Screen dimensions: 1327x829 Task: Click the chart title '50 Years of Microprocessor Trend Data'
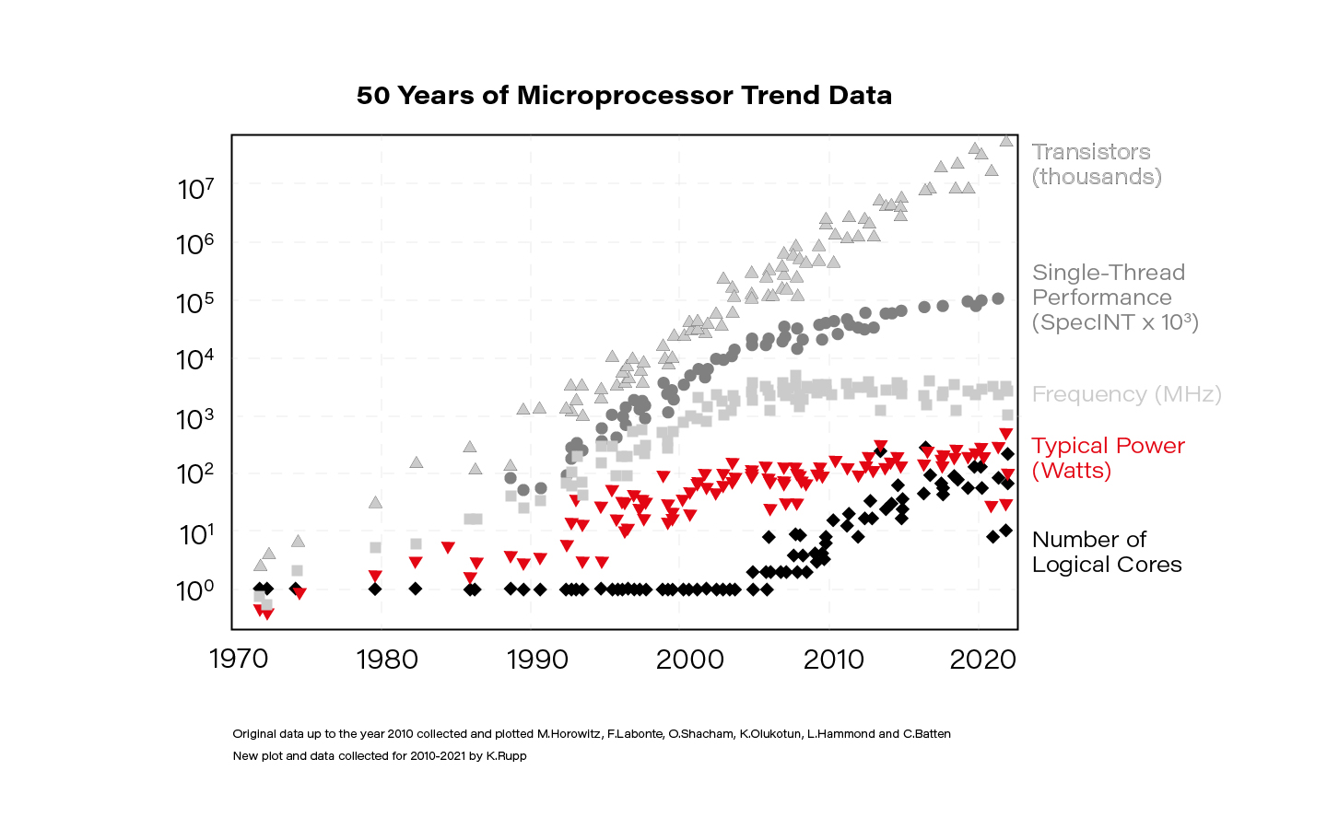click(x=624, y=96)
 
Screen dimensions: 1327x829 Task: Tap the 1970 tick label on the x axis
click(x=239, y=660)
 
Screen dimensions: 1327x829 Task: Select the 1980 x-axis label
click(x=387, y=660)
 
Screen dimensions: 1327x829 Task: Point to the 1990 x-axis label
click(x=537, y=660)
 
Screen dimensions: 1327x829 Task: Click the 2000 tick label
click(x=689, y=660)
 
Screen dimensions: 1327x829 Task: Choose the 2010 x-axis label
click(x=833, y=660)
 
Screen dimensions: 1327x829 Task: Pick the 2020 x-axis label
click(x=982, y=660)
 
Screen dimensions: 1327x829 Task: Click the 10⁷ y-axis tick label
click(x=195, y=189)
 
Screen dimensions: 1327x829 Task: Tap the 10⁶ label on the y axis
click(x=195, y=244)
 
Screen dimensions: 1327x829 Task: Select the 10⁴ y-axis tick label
click(x=195, y=359)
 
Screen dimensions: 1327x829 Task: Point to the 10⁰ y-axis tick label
click(x=195, y=590)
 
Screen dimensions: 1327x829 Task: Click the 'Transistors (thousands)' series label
click(x=1097, y=164)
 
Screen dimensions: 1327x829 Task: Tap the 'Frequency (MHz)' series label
click(x=1127, y=394)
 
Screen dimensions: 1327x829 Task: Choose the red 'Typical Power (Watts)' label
click(x=1109, y=458)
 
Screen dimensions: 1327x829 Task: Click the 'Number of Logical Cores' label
click(x=1107, y=552)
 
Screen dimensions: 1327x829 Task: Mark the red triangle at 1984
click(x=448, y=547)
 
